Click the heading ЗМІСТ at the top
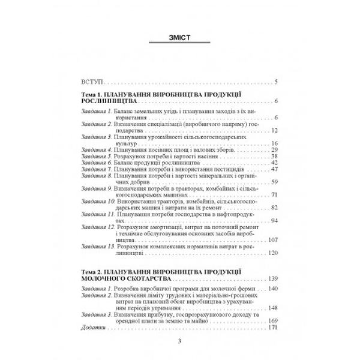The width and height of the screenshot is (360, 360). (x=179, y=38)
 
